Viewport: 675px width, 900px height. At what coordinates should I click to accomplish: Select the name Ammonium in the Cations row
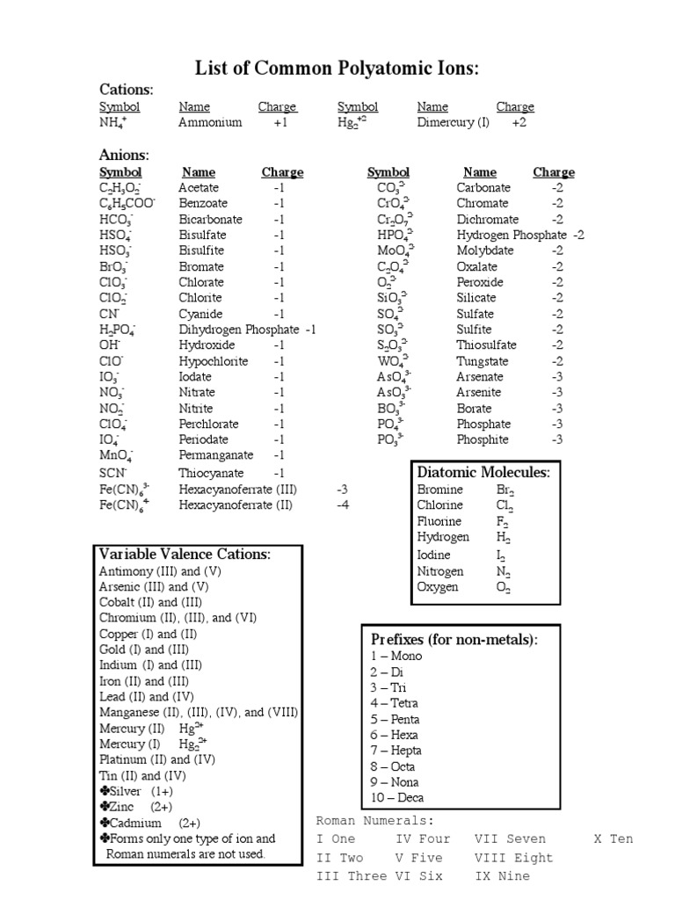[210, 123]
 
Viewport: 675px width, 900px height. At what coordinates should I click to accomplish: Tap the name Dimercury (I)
[453, 123]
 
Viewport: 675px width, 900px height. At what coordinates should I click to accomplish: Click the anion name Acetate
[199, 188]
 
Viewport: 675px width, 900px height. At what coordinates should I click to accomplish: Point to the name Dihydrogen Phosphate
[239, 330]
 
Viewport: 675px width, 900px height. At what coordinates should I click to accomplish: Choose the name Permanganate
[215, 455]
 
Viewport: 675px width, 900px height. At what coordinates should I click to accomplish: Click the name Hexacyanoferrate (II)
[236, 505]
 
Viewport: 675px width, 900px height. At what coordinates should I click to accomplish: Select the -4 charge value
[342, 505]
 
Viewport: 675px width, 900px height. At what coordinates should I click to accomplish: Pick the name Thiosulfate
[486, 345]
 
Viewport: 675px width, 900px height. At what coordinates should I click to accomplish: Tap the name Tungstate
[483, 361]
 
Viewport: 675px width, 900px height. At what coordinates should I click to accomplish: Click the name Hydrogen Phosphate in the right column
[512, 236]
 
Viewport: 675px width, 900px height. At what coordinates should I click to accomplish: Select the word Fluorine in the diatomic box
[439, 521]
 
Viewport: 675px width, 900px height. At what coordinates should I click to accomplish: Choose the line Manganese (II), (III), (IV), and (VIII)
[199, 713]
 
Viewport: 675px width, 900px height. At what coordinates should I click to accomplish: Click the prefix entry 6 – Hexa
[394, 735]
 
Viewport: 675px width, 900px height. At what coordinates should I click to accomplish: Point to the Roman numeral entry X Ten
[613, 839]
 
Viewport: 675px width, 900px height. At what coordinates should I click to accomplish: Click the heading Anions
[124, 156]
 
